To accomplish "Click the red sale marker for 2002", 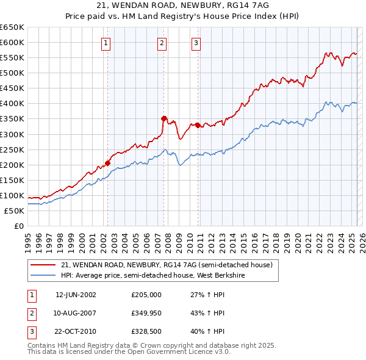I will [x=107, y=163].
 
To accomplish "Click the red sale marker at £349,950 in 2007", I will [x=163, y=118].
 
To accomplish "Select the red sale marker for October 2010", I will [x=198, y=125].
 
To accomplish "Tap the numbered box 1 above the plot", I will [x=106, y=43].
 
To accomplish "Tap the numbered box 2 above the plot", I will [x=162, y=43].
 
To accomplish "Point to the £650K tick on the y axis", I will [x=12, y=27].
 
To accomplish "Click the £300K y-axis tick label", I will [x=12, y=134].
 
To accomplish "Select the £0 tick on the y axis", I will [x=19, y=226].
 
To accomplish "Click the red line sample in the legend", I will [x=43, y=264].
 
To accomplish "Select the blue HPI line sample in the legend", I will [x=43, y=275].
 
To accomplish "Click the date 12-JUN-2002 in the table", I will [x=76, y=295].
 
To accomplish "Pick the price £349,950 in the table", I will [x=146, y=314].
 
